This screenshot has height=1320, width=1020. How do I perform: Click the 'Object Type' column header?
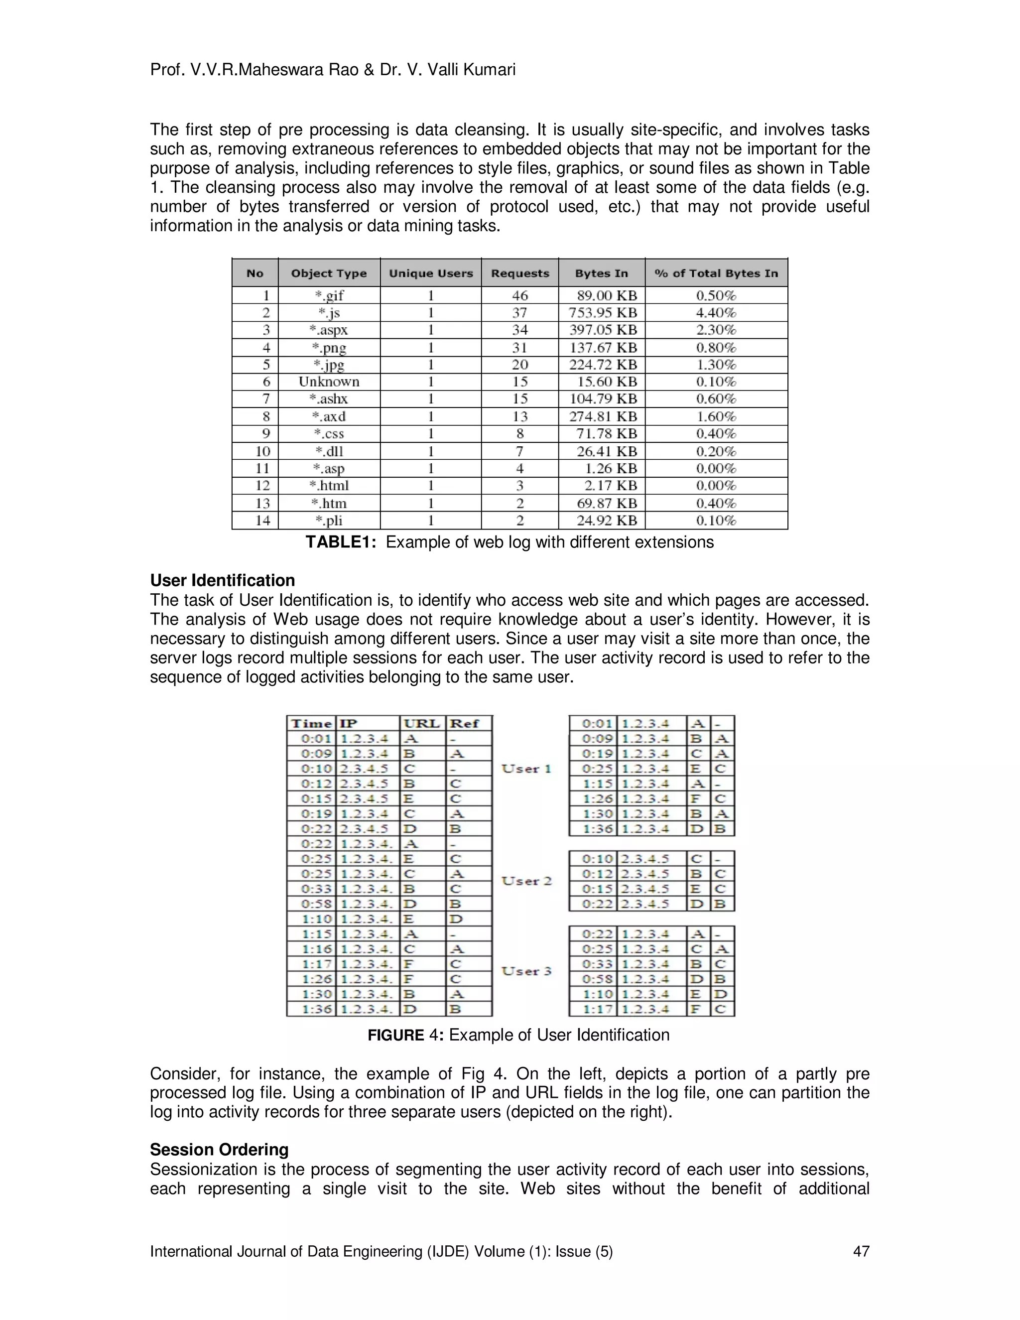tap(329, 273)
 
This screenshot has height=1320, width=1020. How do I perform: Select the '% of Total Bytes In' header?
tap(716, 273)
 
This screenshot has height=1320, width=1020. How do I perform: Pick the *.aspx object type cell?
tap(329, 330)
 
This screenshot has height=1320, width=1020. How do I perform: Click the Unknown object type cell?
tap(329, 382)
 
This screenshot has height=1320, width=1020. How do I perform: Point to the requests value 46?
tap(519, 295)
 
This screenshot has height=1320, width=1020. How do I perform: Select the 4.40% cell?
tap(716, 312)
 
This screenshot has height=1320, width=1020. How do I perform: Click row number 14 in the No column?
tap(263, 521)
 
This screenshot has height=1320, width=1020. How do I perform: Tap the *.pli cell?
tap(329, 521)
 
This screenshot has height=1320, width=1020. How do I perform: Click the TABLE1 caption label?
tap(341, 542)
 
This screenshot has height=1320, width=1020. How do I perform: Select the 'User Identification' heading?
tap(222, 580)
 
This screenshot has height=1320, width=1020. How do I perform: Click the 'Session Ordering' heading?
tap(219, 1150)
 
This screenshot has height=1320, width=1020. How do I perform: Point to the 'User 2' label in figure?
tap(526, 881)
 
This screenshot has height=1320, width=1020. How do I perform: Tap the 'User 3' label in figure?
tap(526, 971)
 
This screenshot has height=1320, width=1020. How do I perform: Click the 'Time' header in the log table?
tap(312, 723)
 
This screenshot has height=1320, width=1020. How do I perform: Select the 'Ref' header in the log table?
tap(464, 723)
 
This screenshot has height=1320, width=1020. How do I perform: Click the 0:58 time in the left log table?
tap(317, 904)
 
